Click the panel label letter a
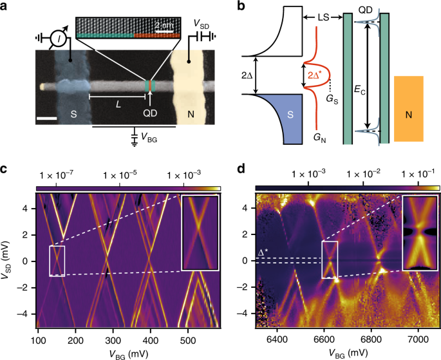[6, 6]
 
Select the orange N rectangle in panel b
[408, 108]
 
